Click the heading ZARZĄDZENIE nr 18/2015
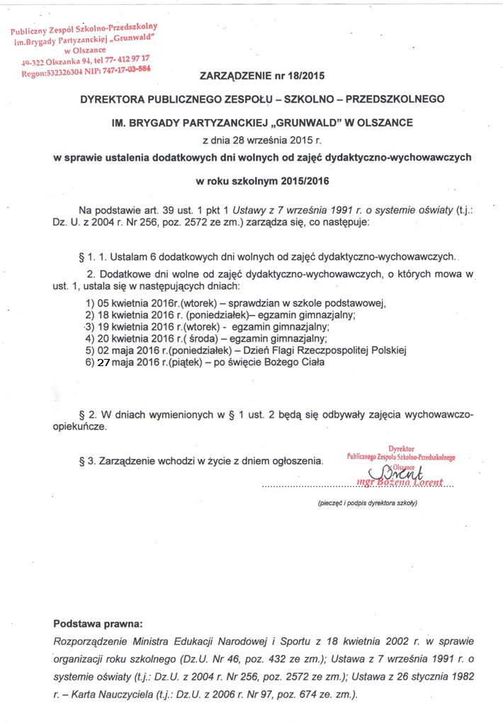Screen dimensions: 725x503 265,75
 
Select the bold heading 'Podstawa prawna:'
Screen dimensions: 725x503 98,624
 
